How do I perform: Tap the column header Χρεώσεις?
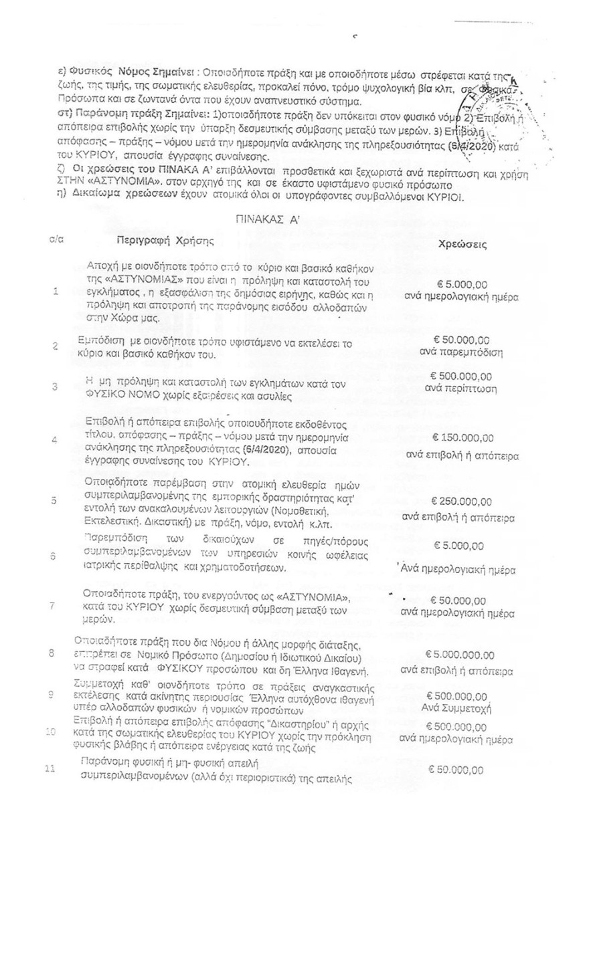462,245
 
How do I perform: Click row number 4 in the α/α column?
54,439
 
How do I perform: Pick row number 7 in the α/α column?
52,605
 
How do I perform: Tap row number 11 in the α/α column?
49,768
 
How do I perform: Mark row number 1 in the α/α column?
54,292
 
